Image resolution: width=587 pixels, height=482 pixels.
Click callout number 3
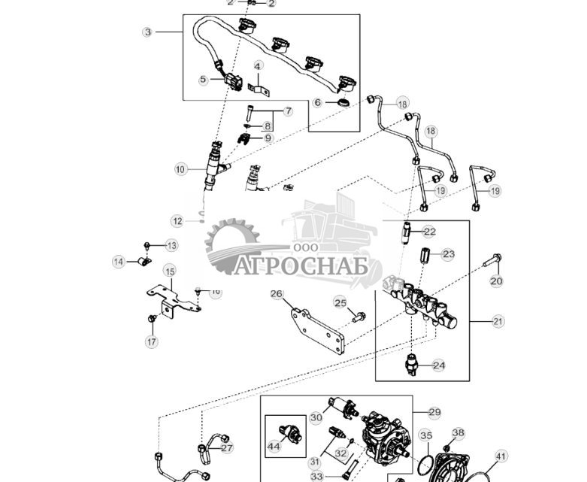(x=148, y=32)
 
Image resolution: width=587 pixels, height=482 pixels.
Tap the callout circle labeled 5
(x=203, y=79)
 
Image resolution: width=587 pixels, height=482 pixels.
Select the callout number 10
(x=180, y=170)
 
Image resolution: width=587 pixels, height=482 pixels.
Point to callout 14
(x=119, y=262)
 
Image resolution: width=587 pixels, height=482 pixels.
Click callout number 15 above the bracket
(x=169, y=271)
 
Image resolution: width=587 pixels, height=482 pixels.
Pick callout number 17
(x=152, y=341)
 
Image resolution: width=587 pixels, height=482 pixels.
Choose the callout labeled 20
(x=496, y=281)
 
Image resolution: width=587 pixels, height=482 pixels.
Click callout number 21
(x=498, y=321)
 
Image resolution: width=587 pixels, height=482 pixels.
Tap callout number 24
(x=439, y=365)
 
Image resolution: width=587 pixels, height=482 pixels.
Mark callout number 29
(x=434, y=412)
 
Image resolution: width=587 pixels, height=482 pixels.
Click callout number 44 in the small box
(x=274, y=447)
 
